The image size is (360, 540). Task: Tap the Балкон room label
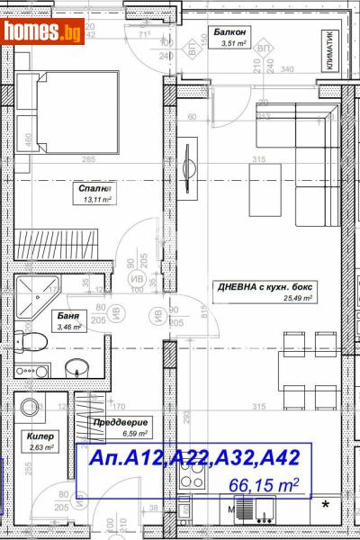228,31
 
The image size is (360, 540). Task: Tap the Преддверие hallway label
120,421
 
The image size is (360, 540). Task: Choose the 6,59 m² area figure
120,433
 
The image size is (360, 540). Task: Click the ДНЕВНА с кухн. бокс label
264,287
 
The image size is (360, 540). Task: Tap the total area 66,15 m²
263,486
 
